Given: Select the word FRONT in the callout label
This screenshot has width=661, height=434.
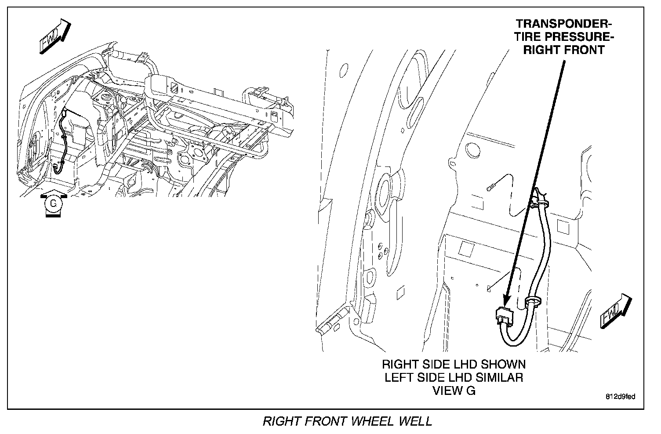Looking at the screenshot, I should tap(582, 50).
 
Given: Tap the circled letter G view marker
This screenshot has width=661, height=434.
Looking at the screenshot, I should tap(53, 203).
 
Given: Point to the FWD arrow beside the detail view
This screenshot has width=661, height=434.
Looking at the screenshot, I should tap(615, 311).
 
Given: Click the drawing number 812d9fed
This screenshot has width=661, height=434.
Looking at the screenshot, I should tap(620, 397).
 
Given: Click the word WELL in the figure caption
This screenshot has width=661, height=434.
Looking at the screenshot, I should tap(415, 421).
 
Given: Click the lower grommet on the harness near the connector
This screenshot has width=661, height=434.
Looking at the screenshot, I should tap(533, 303).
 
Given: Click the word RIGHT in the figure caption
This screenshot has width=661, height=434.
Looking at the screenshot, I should tap(282, 421).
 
